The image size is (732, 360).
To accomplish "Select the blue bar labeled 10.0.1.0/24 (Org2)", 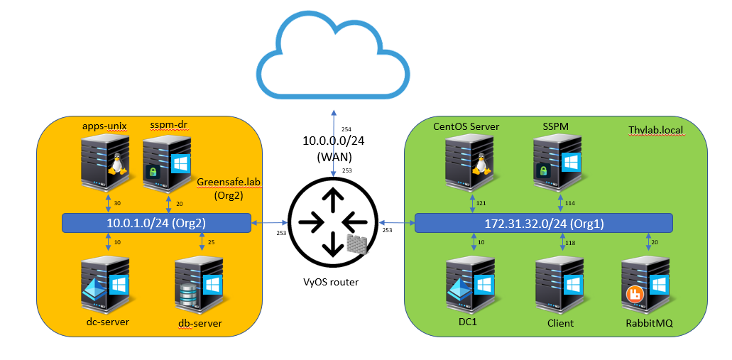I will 155,223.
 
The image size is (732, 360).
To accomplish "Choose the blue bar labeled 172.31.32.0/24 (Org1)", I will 543,222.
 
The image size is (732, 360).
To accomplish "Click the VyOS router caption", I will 332,283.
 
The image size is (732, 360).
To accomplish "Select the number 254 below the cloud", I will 346,129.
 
